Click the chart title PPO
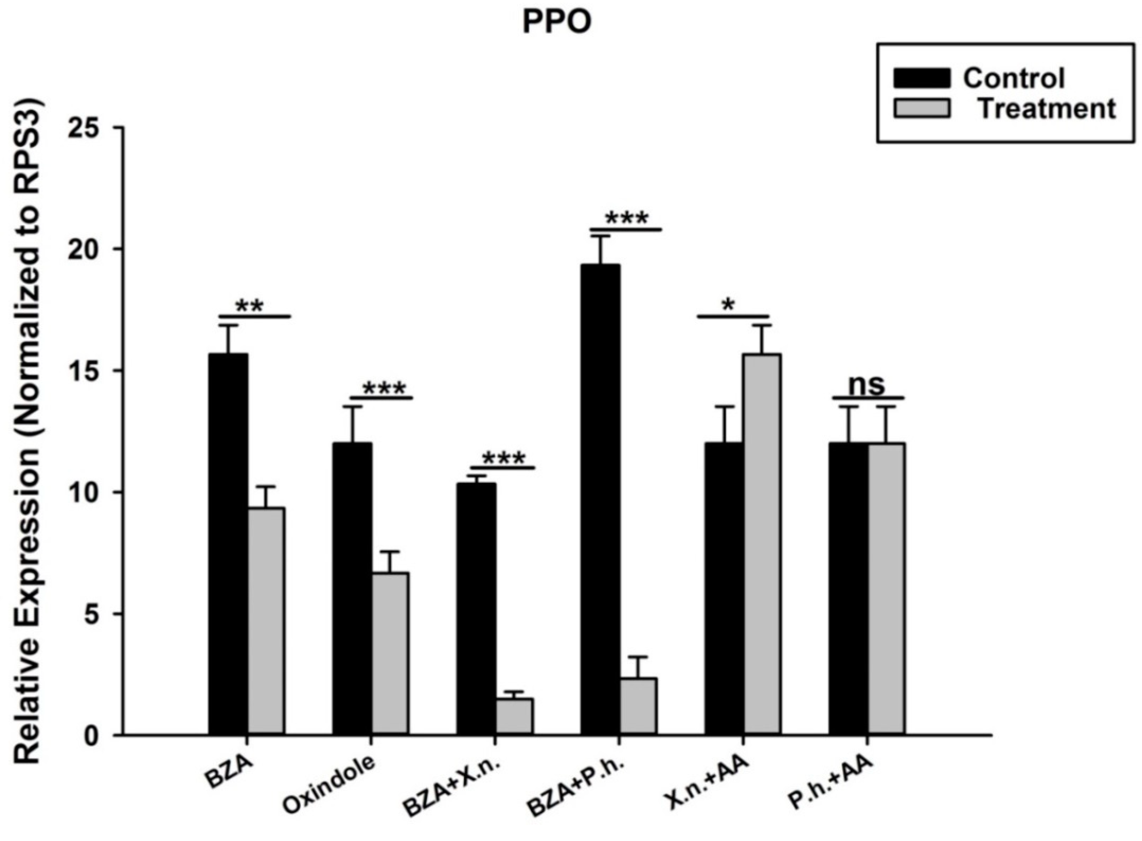[x=557, y=22]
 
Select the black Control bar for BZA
[x=228, y=543]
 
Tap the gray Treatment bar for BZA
[x=266, y=621]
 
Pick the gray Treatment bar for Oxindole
[x=390, y=653]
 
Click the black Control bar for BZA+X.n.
[x=476, y=609]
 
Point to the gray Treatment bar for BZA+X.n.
[x=514, y=716]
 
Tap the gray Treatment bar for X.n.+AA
[x=762, y=543]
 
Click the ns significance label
[x=867, y=384]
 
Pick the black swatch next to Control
[x=922, y=78]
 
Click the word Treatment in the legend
[x=1047, y=109]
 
